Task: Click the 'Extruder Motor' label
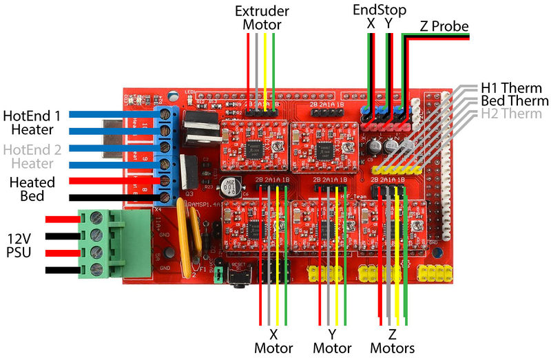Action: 262,18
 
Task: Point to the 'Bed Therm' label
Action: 514,100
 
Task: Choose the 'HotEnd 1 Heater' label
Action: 37,122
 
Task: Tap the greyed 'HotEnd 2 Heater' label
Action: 37,156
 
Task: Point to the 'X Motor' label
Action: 274,341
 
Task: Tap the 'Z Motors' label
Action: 392,341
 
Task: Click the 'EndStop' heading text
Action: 380,10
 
